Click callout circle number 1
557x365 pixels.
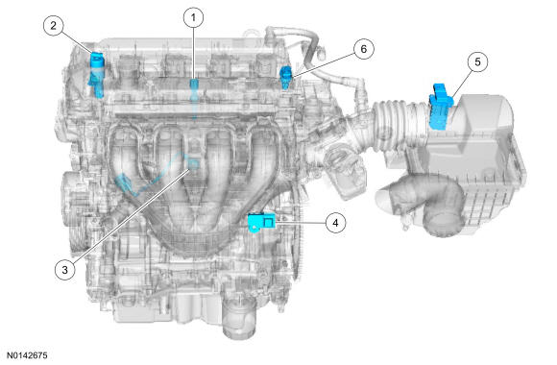tap(194, 17)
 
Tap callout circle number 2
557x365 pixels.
tap(53, 26)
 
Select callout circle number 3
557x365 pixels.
tap(64, 270)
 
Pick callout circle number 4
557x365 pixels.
tap(335, 223)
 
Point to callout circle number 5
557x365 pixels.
tap(477, 61)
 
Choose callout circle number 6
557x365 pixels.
tap(363, 49)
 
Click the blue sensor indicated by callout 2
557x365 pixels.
tap(97, 74)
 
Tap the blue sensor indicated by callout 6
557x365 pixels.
tap(286, 77)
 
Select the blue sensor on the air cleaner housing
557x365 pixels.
tap(441, 106)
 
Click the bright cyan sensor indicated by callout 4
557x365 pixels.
tap(261, 222)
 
